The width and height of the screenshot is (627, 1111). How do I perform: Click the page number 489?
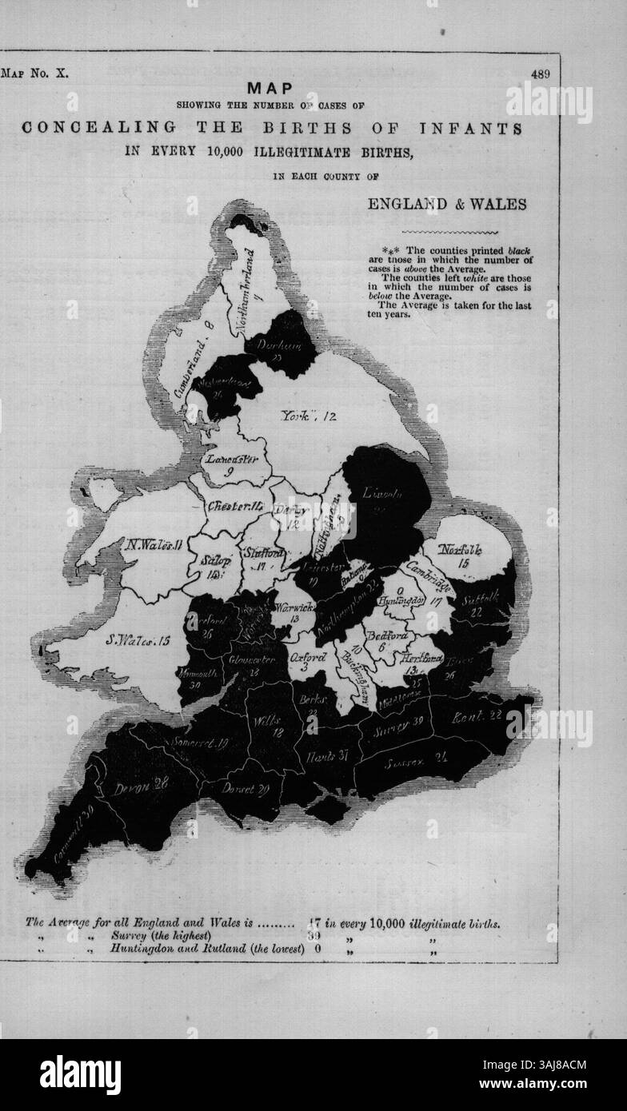540,74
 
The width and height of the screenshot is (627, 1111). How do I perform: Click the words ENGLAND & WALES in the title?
446,204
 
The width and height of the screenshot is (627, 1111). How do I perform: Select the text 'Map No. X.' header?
36,74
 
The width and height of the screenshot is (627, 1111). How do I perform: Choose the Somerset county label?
198,743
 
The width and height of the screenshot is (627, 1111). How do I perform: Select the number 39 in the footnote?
313,936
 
